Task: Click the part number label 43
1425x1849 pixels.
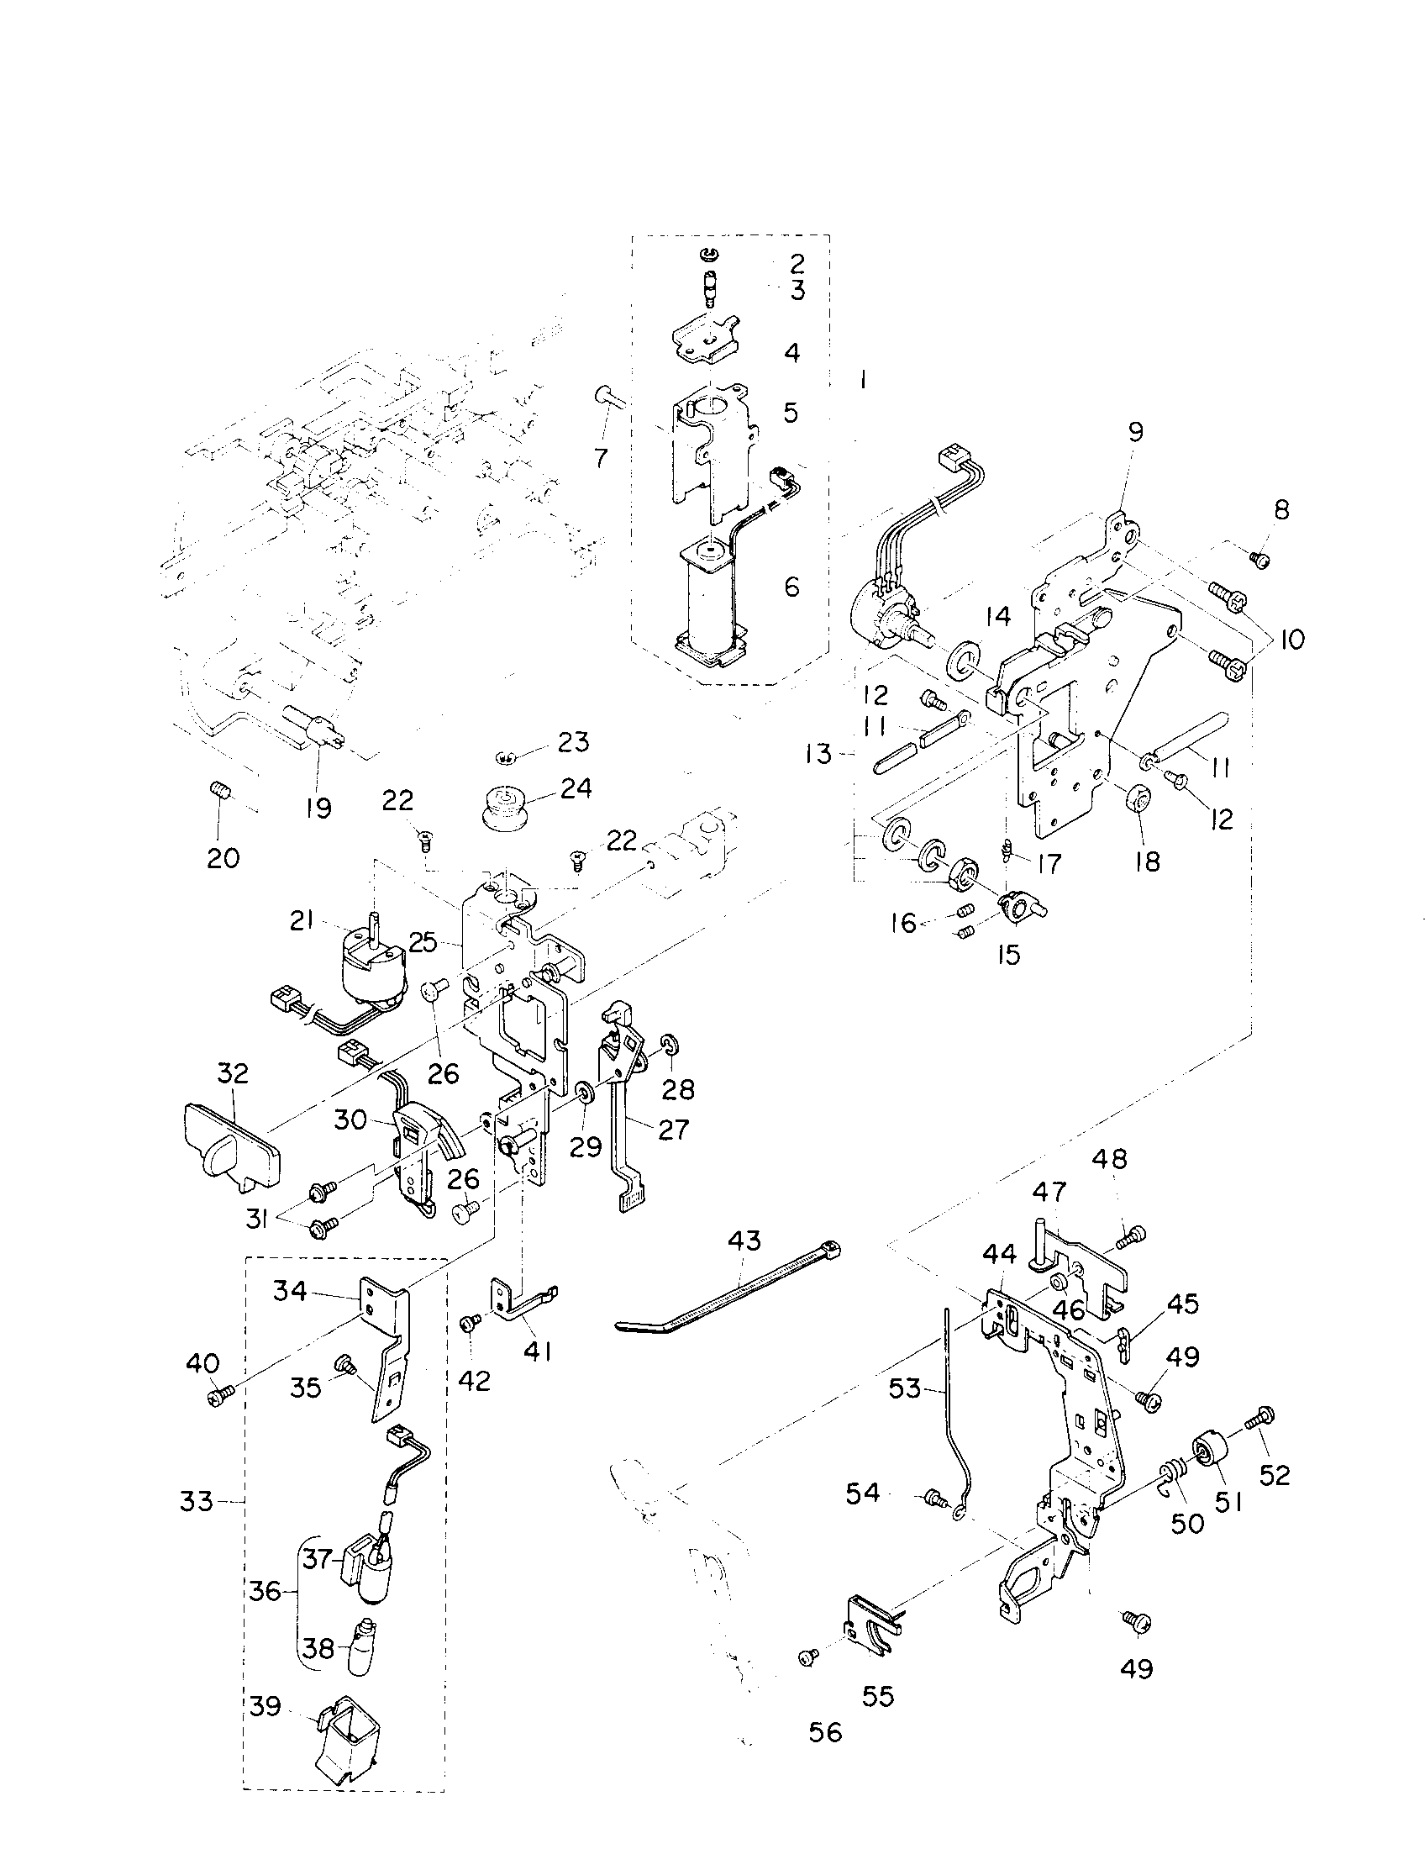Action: (744, 1241)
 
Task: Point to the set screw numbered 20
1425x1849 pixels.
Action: (220, 792)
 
